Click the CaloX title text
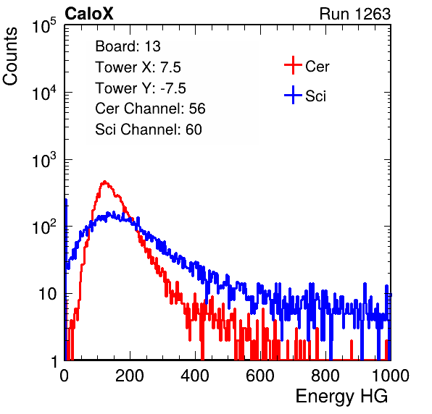coord(88,14)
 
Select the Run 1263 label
coord(355,14)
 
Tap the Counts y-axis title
coord(10,56)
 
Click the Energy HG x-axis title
coord(341,397)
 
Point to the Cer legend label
coord(317,67)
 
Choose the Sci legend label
coord(315,96)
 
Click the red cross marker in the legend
coord(293,65)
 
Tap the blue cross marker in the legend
coord(293,96)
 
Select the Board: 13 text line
coord(128,46)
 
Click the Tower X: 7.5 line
coord(138,67)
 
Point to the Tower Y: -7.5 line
coord(141,88)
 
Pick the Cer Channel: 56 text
coord(150,109)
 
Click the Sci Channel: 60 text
coord(149,130)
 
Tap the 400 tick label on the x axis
coord(195,376)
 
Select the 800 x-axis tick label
coord(325,376)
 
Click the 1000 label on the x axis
coord(391,376)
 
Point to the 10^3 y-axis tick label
coord(44,160)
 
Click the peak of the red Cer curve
coord(104,182)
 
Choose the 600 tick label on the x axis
coord(260,376)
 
